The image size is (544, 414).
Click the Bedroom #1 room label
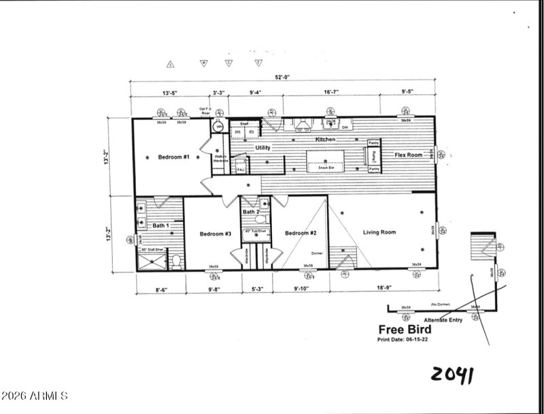coord(173,157)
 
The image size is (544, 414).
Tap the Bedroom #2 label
coord(301,234)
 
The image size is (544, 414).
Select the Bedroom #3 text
coord(216,234)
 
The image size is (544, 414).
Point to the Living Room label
coord(379,232)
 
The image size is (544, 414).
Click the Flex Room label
coord(409,155)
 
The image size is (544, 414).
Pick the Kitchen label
coord(325,139)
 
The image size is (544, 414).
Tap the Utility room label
coord(263,148)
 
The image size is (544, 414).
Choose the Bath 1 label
coord(160,225)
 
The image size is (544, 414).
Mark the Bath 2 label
coord(252,212)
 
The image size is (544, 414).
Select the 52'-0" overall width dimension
coord(283,77)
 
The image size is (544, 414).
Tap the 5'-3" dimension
coord(256,289)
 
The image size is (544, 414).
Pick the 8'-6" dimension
coord(160,289)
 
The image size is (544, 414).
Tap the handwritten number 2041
coord(452,375)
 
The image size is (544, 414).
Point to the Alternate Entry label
coord(443,319)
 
